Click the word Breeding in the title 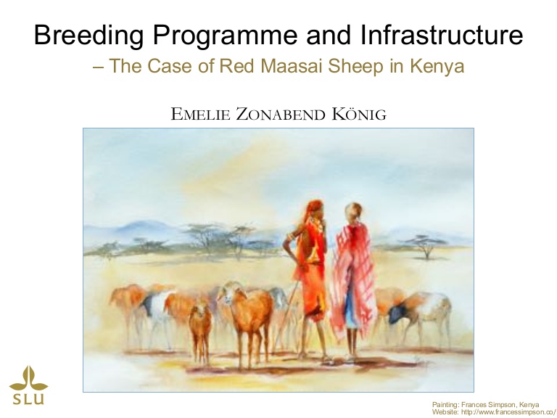[89, 36]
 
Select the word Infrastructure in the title [442, 34]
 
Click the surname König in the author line [359, 113]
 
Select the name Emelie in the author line [201, 114]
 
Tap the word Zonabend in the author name [281, 114]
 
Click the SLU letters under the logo [28, 399]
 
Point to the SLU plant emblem [28, 378]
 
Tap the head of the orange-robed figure [315, 209]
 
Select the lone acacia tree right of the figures [425, 246]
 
